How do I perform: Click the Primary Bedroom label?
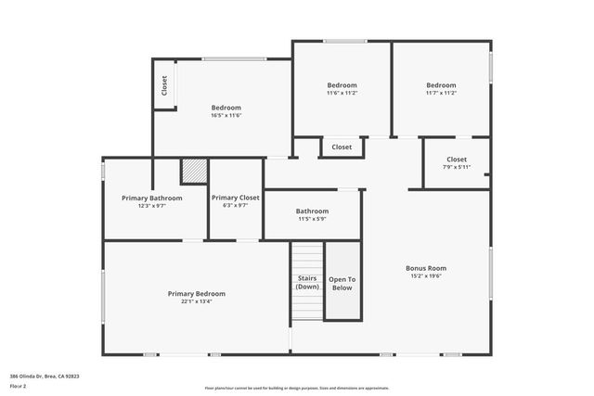pyautogui.click(x=196, y=293)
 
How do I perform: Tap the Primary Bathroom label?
pyautogui.click(x=151, y=198)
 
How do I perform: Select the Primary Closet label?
pyautogui.click(x=236, y=198)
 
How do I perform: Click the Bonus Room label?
pyautogui.click(x=426, y=268)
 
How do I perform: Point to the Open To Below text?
pyautogui.click(x=342, y=283)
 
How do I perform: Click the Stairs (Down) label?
pyautogui.click(x=307, y=282)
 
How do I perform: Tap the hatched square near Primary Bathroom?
pyautogui.click(x=193, y=172)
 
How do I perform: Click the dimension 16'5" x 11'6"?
pyautogui.click(x=226, y=115)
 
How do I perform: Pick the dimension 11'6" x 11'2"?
pyautogui.click(x=342, y=93)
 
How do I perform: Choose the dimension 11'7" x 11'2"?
pyautogui.click(x=441, y=93)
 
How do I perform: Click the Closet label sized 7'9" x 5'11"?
pyautogui.click(x=457, y=159)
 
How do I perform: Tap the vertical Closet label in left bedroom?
pyautogui.click(x=164, y=86)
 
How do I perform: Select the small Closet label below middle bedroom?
pyautogui.click(x=342, y=147)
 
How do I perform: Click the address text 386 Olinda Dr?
pyautogui.click(x=44, y=377)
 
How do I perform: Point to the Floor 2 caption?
pyautogui.click(x=18, y=386)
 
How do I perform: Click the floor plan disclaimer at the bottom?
pyautogui.click(x=297, y=389)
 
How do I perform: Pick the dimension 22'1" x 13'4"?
pyautogui.click(x=196, y=301)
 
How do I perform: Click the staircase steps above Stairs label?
pyautogui.click(x=307, y=256)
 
